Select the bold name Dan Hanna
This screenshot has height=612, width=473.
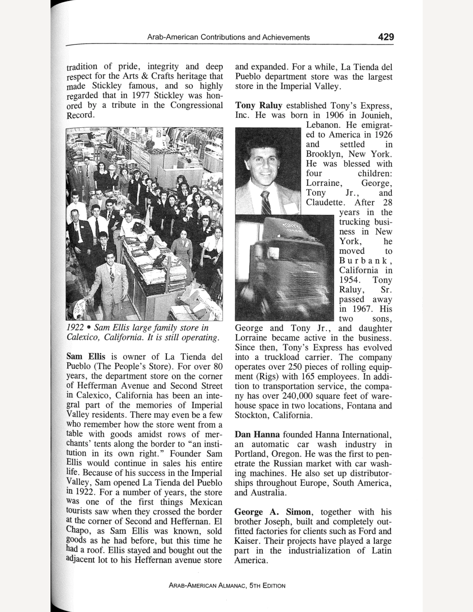(257, 435)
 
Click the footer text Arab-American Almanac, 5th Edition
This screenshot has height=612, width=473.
(227, 585)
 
